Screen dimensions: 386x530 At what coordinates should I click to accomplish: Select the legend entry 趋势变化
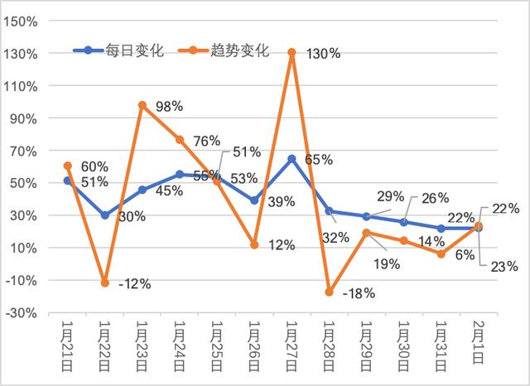[x=224, y=51]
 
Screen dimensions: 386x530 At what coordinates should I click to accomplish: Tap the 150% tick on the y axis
[x=26, y=22]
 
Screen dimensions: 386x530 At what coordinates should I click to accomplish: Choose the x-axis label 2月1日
[x=479, y=339]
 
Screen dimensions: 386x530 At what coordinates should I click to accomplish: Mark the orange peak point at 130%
[x=292, y=53]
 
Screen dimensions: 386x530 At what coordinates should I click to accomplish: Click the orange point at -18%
[x=330, y=292]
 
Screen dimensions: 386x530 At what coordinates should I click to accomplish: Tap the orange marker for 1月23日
[x=142, y=105]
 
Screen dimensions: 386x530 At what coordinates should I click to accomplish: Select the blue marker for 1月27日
[x=292, y=158]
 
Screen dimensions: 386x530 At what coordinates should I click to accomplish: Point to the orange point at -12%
[x=105, y=283]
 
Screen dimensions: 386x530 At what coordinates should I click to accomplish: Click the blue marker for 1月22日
[x=105, y=215]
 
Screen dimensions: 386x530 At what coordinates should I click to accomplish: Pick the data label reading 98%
[x=171, y=108]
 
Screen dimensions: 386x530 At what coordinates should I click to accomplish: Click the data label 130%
[x=322, y=54]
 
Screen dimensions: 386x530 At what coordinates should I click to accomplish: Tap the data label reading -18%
[x=359, y=292]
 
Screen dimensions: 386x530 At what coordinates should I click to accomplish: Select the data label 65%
[x=318, y=159]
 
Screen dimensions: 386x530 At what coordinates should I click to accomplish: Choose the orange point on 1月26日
[x=254, y=244]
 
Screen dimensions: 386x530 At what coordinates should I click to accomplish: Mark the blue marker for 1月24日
[x=180, y=175]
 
